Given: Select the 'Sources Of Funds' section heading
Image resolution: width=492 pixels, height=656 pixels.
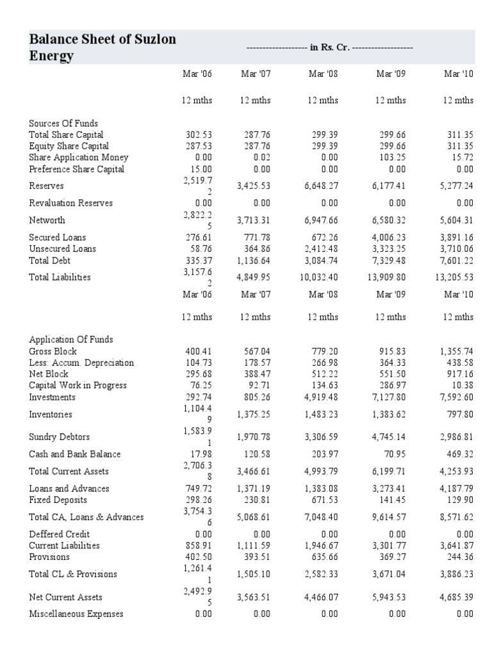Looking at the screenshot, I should click(x=63, y=123).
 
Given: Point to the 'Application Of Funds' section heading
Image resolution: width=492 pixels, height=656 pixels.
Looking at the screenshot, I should click(x=71, y=340).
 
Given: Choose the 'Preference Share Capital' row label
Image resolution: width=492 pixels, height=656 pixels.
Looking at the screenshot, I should click(x=76, y=169).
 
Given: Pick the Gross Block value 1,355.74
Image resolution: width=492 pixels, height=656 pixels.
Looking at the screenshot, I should click(x=456, y=351).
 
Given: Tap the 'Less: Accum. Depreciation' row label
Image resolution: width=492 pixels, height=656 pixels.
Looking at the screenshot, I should click(x=81, y=363).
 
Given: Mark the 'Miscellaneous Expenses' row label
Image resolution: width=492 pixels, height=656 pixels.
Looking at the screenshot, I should click(x=76, y=614).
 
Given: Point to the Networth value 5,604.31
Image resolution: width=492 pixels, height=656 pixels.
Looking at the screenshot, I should click(x=456, y=220).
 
